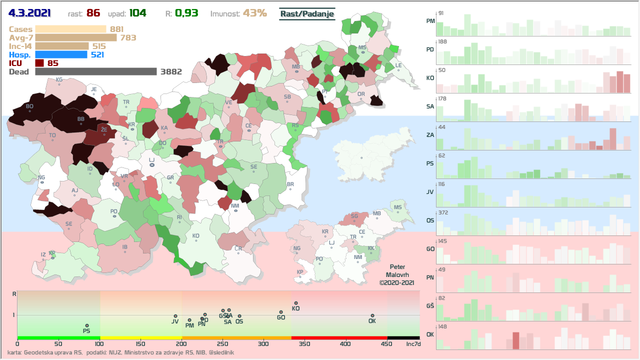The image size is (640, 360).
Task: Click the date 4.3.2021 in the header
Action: click(33, 13)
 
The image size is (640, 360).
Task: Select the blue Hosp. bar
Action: click(61, 54)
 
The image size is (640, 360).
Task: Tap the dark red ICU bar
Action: click(39, 63)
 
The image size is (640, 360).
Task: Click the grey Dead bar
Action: click(95, 71)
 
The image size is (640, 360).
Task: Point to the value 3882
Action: click(170, 71)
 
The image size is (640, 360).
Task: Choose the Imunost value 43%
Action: click(254, 13)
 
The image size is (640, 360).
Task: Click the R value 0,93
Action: click(186, 13)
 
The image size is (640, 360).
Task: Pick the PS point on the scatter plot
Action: click(86, 325)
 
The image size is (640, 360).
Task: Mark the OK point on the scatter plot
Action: click(372, 315)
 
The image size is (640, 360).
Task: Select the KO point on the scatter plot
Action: click(296, 303)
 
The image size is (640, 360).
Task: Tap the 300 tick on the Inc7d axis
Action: click(263, 344)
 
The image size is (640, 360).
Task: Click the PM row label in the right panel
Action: click(430, 21)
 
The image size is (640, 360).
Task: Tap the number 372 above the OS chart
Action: click(443, 212)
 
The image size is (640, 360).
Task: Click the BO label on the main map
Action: click(29, 106)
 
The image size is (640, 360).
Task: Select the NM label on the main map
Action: click(235, 205)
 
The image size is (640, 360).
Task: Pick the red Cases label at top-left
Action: click(20, 29)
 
